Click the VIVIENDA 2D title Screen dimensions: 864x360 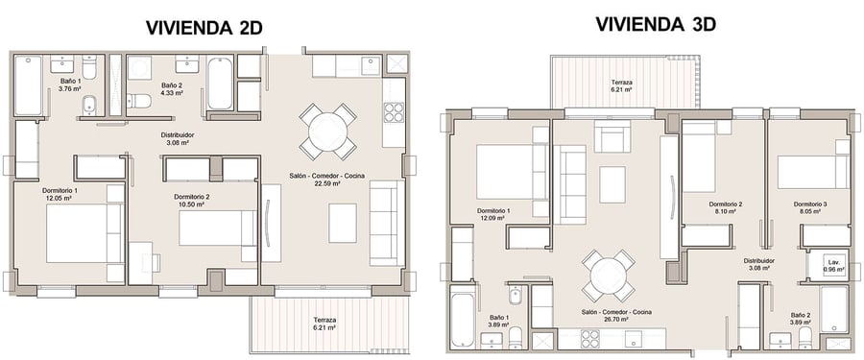[204, 28]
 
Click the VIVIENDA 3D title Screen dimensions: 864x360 [655, 24]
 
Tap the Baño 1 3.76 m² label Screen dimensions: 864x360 [70, 84]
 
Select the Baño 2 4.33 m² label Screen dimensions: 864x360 [172, 88]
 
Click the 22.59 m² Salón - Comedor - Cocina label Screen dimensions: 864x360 [327, 180]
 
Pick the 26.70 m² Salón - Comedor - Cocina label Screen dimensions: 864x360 [616, 315]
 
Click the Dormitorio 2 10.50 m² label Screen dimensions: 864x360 [191, 200]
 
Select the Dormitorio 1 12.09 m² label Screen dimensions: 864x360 [493, 214]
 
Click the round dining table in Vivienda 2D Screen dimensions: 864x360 [328, 132]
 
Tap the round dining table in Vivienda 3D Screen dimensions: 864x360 [609, 276]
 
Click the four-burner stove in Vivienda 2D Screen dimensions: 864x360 [394, 112]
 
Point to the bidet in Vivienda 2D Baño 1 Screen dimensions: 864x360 [88, 107]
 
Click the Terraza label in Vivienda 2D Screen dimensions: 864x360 [324, 324]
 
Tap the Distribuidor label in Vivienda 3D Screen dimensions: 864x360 [758, 264]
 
